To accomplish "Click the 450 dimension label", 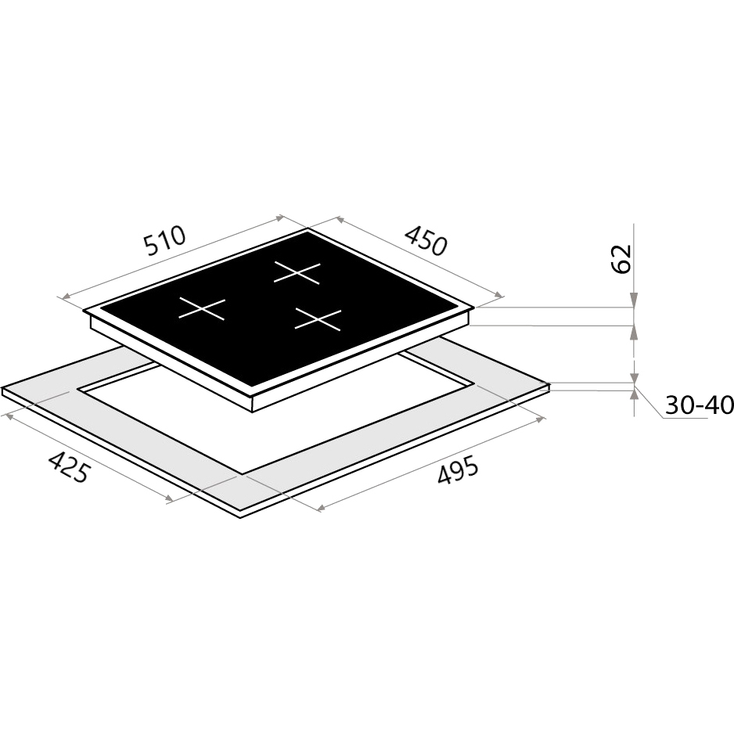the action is [x=426, y=241].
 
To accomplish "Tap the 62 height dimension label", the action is [x=621, y=258].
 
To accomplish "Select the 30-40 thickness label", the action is [x=700, y=405].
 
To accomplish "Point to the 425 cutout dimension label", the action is [x=68, y=466].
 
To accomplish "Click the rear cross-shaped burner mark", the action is [x=297, y=272].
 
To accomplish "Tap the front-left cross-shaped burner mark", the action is [x=202, y=308].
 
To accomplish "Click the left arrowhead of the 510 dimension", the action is [x=67, y=296].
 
